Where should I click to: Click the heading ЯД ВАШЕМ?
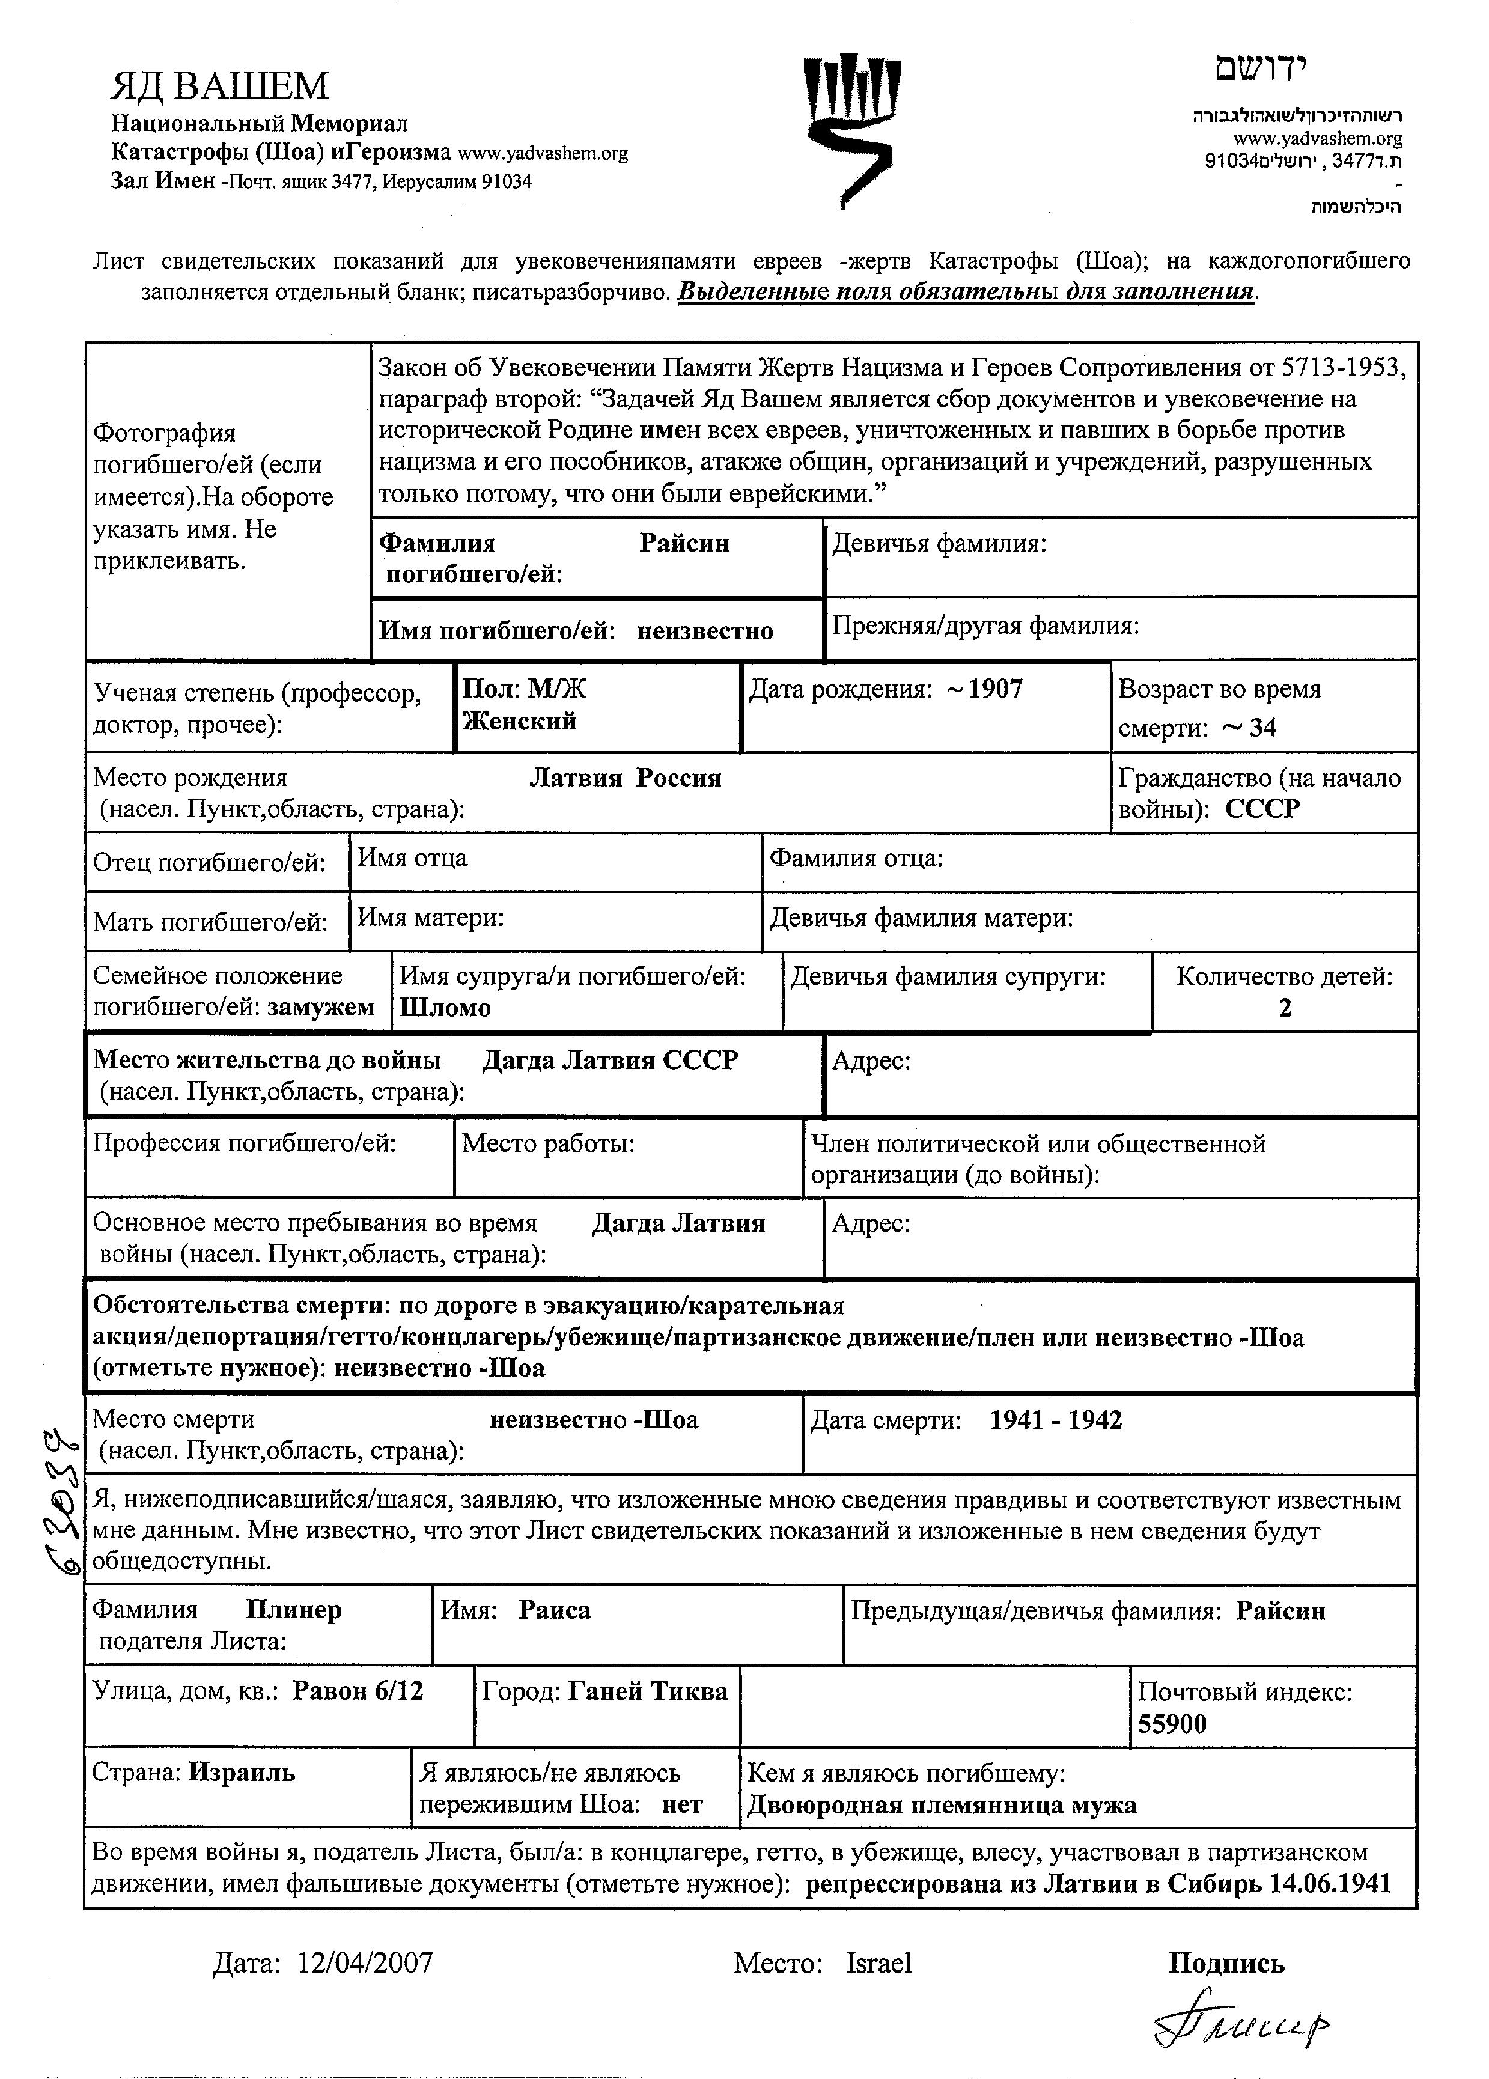click(219, 85)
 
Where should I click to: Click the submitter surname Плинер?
click(293, 1610)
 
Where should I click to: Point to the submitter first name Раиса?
click(555, 1610)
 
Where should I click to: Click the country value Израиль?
click(242, 1772)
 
